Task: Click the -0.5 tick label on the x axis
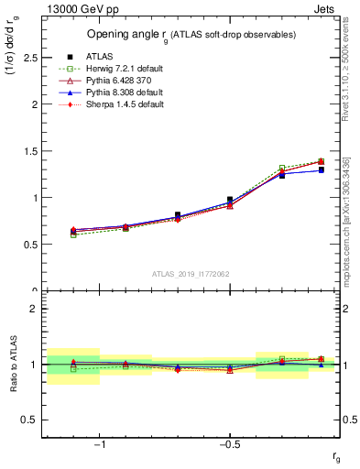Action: (228, 445)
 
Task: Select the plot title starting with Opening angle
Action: (191, 35)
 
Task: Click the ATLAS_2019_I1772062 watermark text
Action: (191, 274)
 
